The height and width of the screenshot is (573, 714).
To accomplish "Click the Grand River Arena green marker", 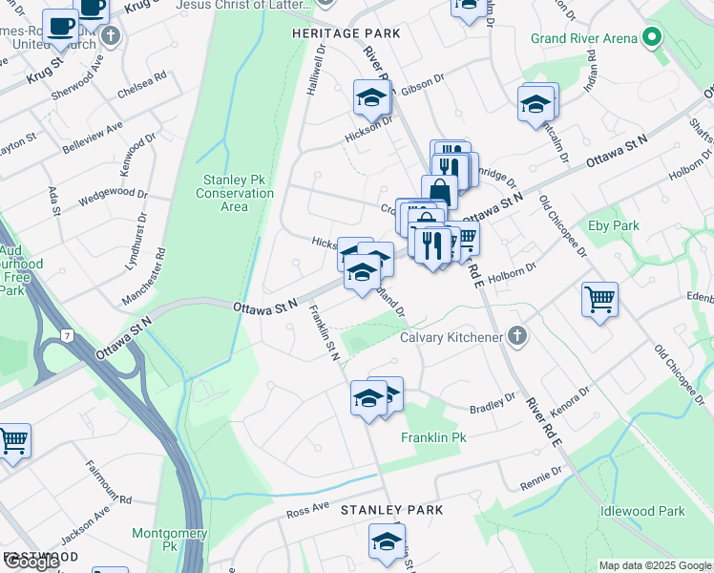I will pyautogui.click(x=653, y=39).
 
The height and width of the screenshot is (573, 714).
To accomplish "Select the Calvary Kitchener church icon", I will pyautogui.click(x=517, y=336).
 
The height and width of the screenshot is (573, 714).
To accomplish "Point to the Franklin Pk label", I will pyautogui.click(x=432, y=437).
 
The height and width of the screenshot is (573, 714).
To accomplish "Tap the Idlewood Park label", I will pyautogui.click(x=641, y=511).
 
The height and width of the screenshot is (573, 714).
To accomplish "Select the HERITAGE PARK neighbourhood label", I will pyautogui.click(x=346, y=33).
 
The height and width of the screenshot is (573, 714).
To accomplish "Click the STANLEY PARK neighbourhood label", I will pyautogui.click(x=392, y=510).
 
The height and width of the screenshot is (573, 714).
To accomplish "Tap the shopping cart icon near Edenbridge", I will pyautogui.click(x=599, y=300).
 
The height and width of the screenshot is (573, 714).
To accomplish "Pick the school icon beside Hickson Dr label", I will pyautogui.click(x=371, y=97).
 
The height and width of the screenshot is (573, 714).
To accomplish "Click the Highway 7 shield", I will pyautogui.click(x=67, y=336).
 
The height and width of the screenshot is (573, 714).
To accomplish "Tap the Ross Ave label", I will pyautogui.click(x=307, y=513).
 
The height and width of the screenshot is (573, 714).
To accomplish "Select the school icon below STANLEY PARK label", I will pyautogui.click(x=387, y=541).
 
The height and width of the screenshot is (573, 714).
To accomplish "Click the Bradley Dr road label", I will pyautogui.click(x=493, y=403).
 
